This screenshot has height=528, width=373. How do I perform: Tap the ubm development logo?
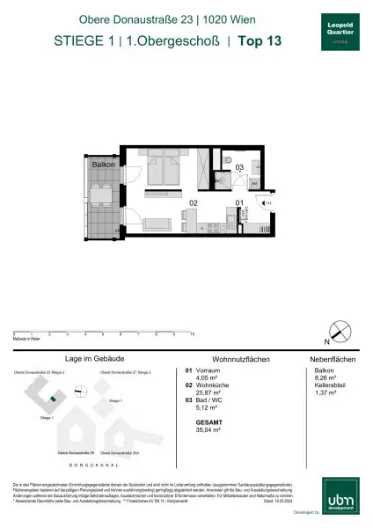coord(339,502)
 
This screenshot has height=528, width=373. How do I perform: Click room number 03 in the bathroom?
coord(238,167)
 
